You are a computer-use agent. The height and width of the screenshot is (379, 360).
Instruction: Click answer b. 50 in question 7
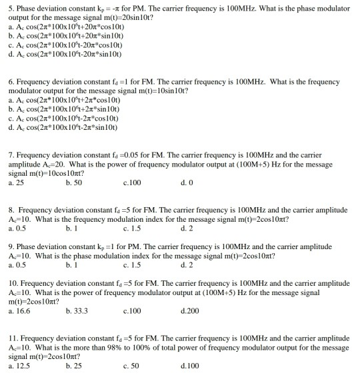click(x=74, y=181)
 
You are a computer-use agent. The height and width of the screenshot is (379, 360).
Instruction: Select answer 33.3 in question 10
click(x=77, y=310)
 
